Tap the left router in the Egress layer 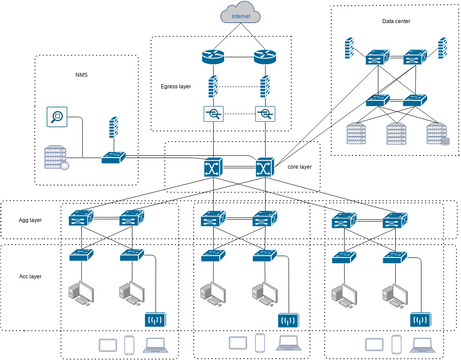click(213, 58)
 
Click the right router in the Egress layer click(263, 58)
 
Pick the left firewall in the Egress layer click(213, 87)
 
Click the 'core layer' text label click(300, 168)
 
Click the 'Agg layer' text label click(28, 218)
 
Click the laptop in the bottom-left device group click(156, 345)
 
